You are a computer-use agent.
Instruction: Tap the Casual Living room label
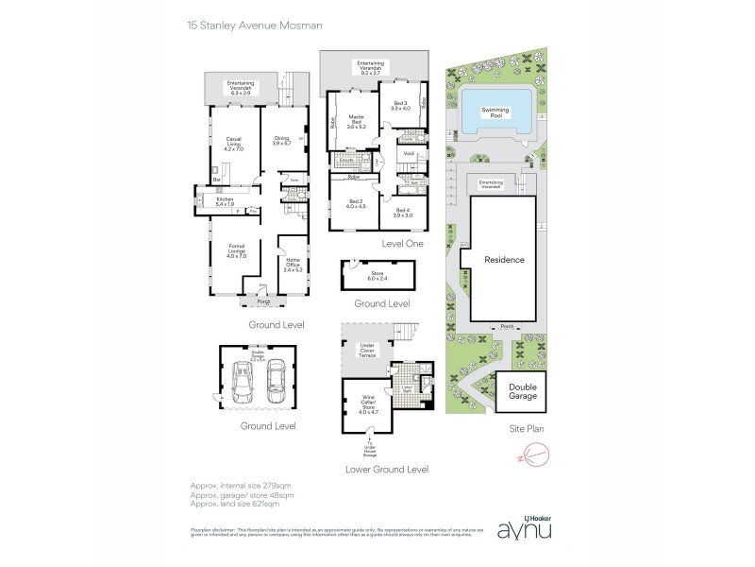234,145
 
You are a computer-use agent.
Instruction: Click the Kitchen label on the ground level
225,201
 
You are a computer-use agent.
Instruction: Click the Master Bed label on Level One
356,122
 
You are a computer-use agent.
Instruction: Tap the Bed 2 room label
356,204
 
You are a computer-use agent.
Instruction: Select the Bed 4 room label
403,212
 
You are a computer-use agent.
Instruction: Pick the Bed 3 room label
400,105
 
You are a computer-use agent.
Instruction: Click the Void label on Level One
409,153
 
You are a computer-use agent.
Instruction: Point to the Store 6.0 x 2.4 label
377,276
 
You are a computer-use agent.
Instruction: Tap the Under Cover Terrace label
367,352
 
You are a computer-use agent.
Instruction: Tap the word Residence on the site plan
504,259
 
